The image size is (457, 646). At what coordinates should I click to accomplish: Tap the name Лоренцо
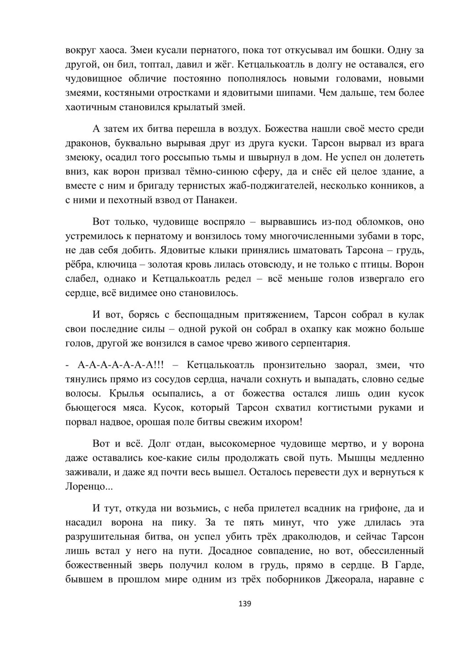89,487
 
